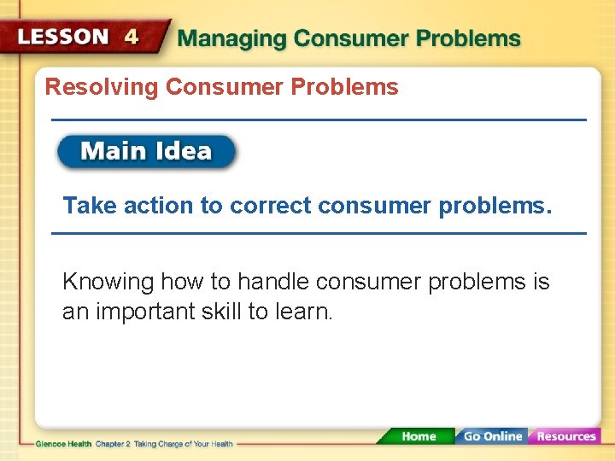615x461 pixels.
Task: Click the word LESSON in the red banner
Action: [65, 37]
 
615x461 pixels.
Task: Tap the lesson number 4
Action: [132, 37]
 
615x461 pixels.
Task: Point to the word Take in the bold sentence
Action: [89, 206]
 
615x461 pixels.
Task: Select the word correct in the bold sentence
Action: [271, 206]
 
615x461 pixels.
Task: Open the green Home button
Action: [418, 436]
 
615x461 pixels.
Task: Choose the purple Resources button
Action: [565, 436]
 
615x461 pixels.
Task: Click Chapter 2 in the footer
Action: [114, 444]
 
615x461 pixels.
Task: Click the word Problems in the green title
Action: [468, 39]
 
